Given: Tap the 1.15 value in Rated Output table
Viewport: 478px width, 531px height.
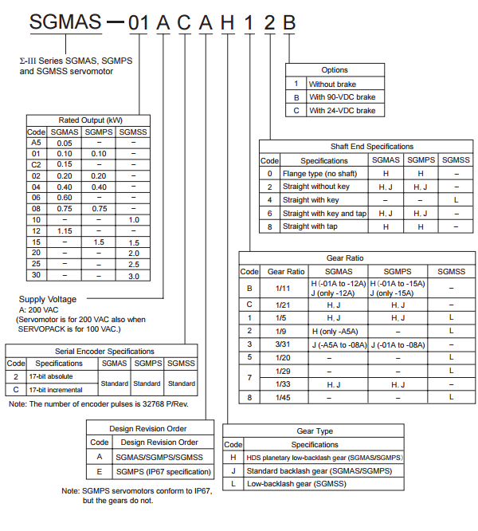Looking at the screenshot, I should click(x=65, y=230).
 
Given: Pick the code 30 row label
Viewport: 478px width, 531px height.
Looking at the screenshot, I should click(x=36, y=275).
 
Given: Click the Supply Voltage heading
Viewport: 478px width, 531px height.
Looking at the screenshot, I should click(x=48, y=299).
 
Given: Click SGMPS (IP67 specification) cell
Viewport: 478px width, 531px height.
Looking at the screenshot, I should click(x=159, y=470).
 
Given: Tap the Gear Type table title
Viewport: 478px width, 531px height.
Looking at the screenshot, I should click(x=315, y=431).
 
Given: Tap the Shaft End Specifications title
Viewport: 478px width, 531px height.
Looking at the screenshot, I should click(x=372, y=147).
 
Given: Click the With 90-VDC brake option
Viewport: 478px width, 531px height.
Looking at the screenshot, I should click(x=342, y=97).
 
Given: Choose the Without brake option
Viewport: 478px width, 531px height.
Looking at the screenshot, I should click(x=333, y=84).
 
